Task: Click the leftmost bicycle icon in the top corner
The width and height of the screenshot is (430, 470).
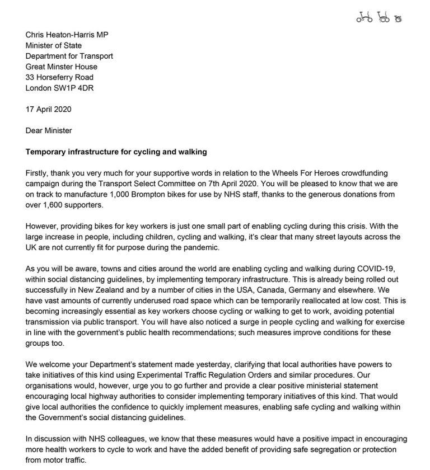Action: [364, 18]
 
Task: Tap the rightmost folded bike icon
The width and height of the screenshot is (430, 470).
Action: [398, 18]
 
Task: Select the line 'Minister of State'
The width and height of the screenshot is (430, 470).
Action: [54, 45]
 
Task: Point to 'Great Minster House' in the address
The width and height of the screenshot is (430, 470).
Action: [62, 67]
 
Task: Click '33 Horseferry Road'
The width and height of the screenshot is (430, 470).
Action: [60, 77]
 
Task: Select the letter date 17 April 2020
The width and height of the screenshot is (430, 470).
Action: [49, 109]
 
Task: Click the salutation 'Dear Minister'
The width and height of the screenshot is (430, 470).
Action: [49, 130]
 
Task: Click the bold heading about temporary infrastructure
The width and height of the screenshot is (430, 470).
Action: [112, 152]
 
